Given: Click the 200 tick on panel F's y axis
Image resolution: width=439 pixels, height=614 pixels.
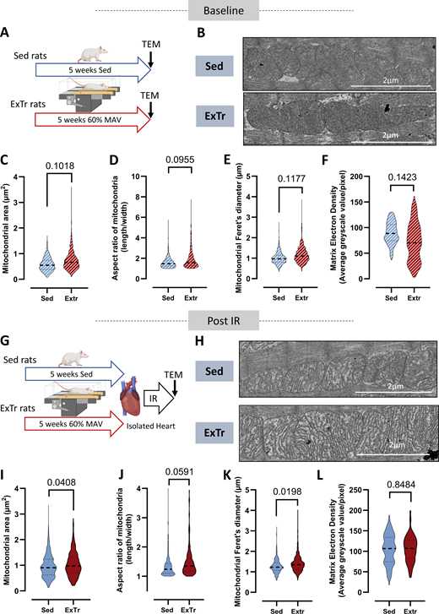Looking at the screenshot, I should click(x=344, y=177).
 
